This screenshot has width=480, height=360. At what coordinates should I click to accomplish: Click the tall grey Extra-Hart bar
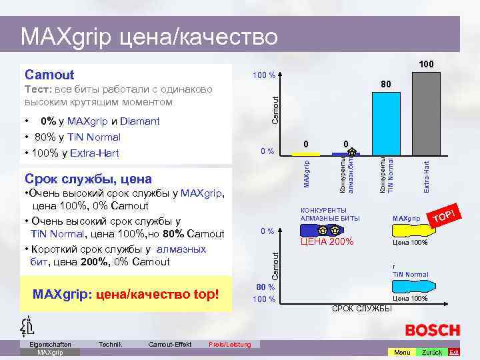pyautogui.click(x=424, y=113)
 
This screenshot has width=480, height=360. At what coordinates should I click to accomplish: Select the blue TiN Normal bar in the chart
pyautogui.click(x=385, y=124)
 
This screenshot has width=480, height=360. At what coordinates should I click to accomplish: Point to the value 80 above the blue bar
pyautogui.click(x=385, y=85)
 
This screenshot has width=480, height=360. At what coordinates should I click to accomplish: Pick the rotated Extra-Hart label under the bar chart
pyautogui.click(x=427, y=175)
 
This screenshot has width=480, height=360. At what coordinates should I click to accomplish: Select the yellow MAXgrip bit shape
pyautogui.click(x=407, y=231)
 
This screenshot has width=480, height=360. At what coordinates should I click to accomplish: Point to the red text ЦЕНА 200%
pyautogui.click(x=327, y=242)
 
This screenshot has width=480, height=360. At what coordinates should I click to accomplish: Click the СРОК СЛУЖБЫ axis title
pyautogui.click(x=361, y=309)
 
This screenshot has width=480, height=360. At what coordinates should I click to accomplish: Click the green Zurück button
pyautogui.click(x=431, y=351)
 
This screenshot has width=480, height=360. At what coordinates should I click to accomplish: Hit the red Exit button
pyautogui.click(x=453, y=351)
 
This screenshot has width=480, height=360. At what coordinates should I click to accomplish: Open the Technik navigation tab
pyautogui.click(x=110, y=344)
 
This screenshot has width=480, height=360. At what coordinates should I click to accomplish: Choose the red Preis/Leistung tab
pyautogui.click(x=229, y=344)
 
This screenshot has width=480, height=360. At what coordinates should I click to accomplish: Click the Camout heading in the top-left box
pyautogui.click(x=49, y=75)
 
